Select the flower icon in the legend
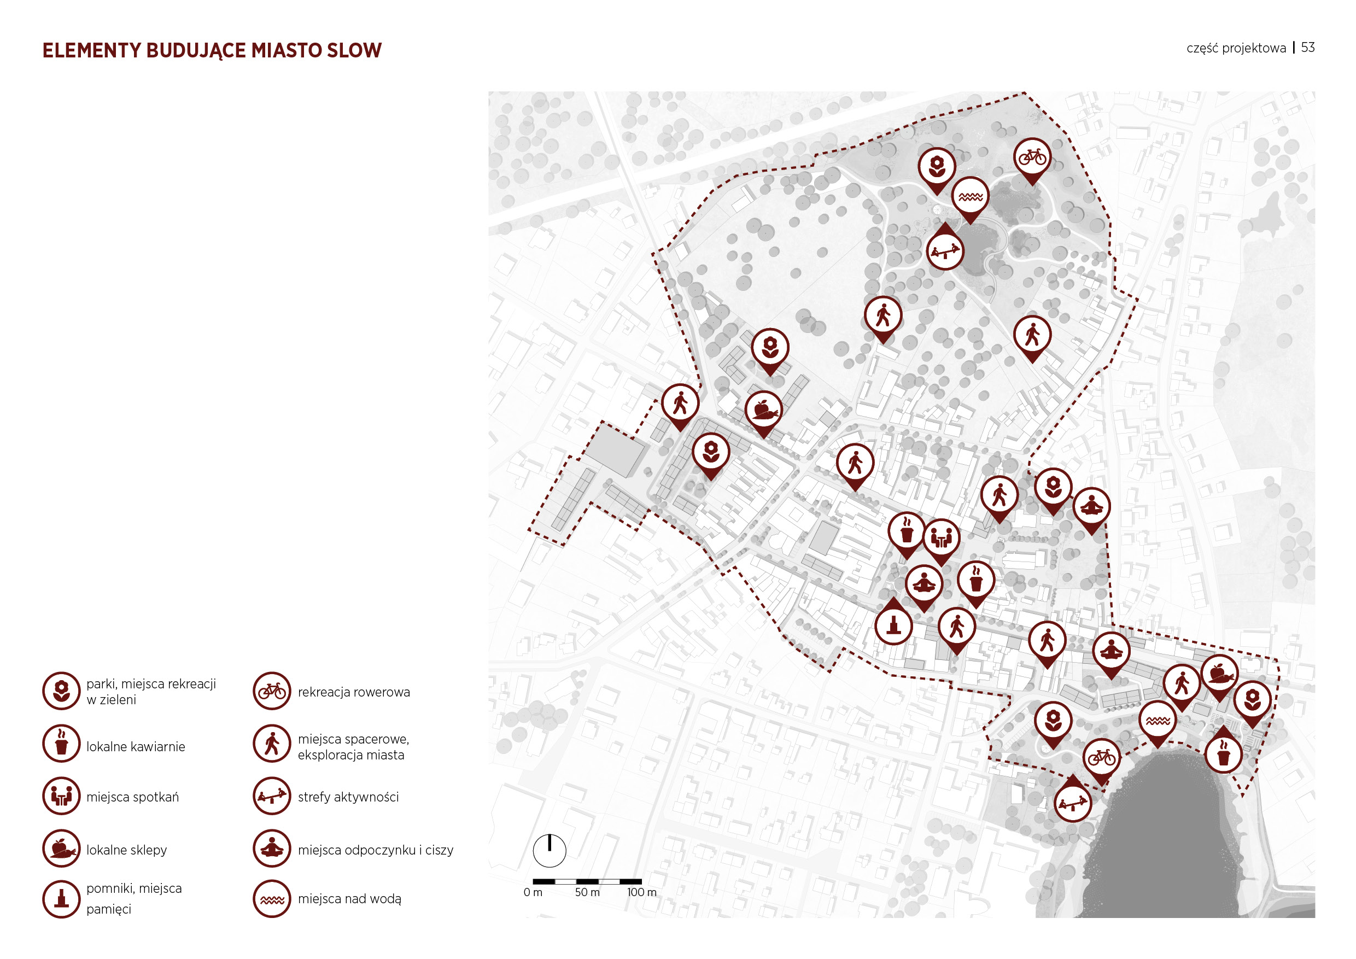[61, 691]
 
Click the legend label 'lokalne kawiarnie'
[135, 746]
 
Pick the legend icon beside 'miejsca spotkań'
[61, 796]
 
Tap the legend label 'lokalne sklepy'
[126, 850]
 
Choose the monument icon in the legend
[61, 899]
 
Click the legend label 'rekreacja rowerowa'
[353, 692]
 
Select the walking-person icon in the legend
[272, 744]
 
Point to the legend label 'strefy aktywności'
[348, 797]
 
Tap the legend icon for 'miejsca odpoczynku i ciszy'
[272, 848]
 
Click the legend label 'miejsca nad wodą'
[349, 899]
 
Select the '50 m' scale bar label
[587, 892]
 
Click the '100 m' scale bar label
[641, 892]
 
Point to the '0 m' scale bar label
[533, 892]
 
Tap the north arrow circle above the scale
[550, 850]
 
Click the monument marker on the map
[893, 625]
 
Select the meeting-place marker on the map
[941, 538]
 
